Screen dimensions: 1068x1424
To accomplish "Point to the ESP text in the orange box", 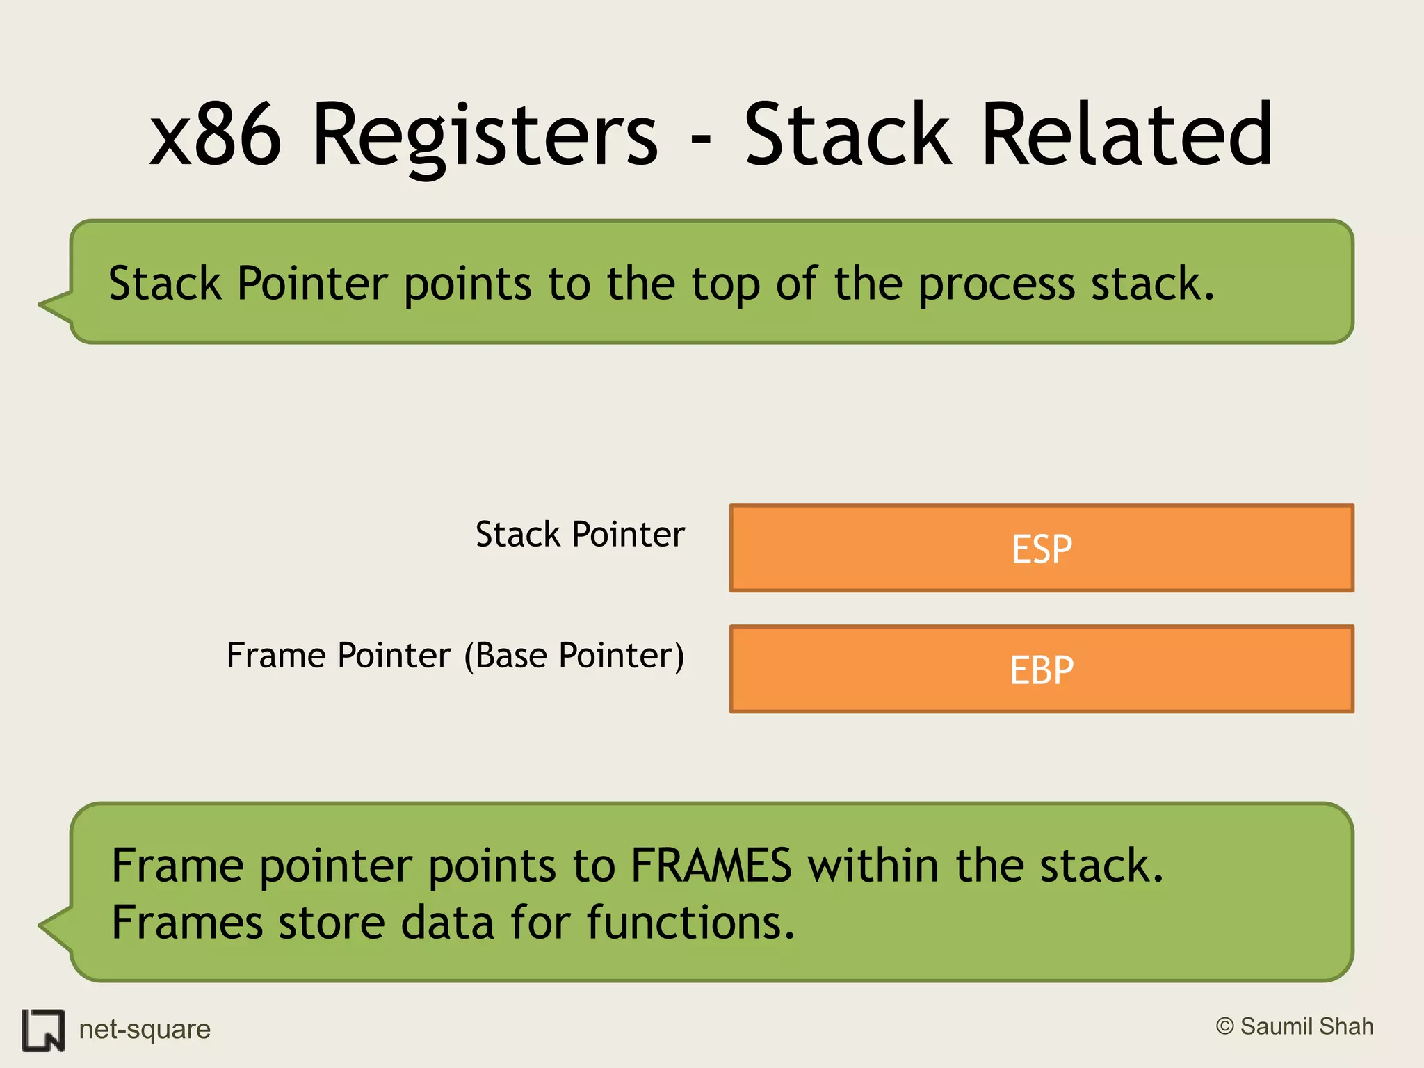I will pos(1041,549).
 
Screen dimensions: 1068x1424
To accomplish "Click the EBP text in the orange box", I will pos(1041,670).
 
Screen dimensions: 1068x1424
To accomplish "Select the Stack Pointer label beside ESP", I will pos(580,535).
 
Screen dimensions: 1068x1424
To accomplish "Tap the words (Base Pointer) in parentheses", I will pos(574,656).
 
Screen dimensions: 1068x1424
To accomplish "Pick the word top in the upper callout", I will pos(725,285).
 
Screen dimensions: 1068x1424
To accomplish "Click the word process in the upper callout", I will pos(996,285).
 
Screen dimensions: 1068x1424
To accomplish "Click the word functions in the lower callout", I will pos(690,923).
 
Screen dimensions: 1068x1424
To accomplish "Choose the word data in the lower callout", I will pos(447,923).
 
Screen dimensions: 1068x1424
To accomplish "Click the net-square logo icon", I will pos(43,1030).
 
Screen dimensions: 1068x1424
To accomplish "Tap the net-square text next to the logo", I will pos(145,1029).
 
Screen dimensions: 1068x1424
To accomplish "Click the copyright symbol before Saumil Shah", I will pos(1224,1026).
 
